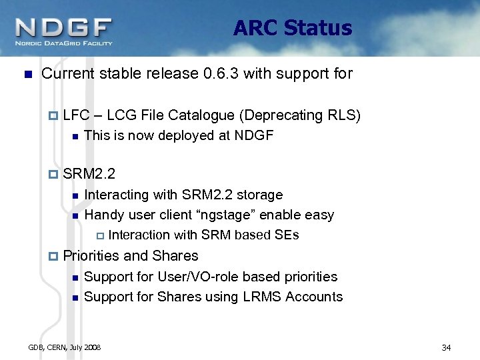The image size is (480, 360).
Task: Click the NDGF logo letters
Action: point(63,28)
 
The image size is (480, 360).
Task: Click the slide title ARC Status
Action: point(293,28)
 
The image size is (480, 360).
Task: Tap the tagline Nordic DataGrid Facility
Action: point(64,44)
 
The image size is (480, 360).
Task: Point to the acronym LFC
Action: point(75,116)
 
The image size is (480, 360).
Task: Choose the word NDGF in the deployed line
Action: point(255,136)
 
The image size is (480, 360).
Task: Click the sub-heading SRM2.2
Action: point(89,175)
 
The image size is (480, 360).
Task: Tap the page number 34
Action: point(446,347)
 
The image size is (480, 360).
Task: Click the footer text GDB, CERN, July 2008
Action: point(65,347)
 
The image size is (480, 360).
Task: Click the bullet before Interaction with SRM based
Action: point(100,235)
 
